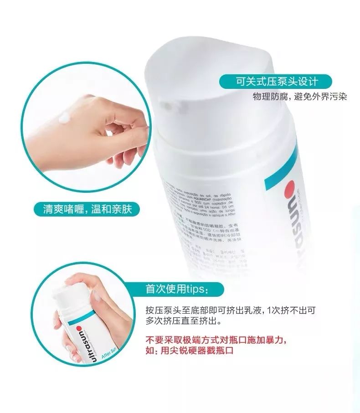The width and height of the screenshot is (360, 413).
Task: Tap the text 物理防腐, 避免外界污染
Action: click(x=301, y=97)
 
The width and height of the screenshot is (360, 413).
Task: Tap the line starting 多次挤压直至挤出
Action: click(x=182, y=321)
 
